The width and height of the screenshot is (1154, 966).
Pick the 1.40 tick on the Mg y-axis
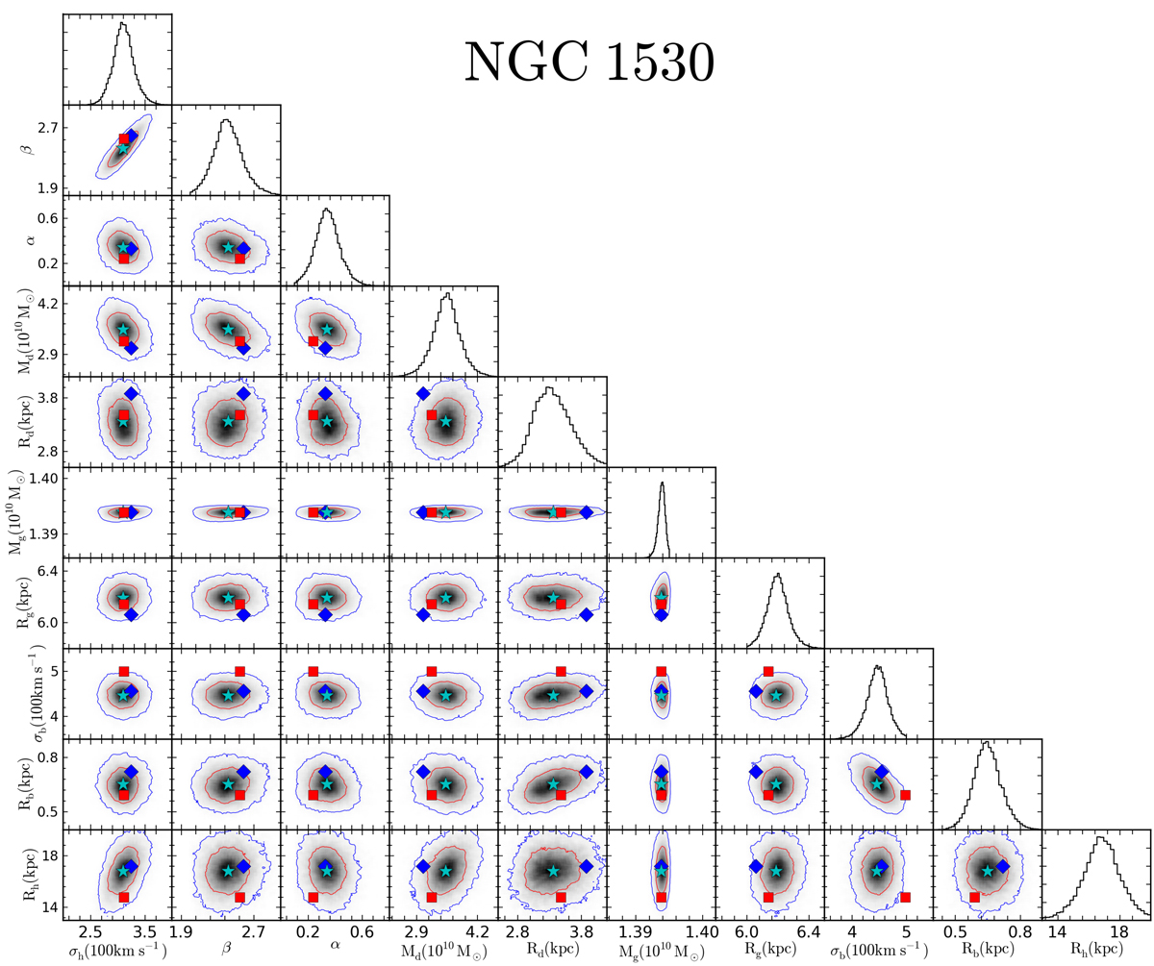click(43, 478)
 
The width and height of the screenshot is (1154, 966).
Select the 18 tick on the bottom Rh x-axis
click(1118, 931)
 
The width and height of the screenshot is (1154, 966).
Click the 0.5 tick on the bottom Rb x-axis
click(954, 931)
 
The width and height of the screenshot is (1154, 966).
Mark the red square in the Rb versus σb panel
click(905, 795)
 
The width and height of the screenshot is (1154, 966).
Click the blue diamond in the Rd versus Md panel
click(422, 394)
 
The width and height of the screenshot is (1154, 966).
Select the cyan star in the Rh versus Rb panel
click(987, 871)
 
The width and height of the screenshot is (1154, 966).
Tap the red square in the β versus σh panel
click(123, 139)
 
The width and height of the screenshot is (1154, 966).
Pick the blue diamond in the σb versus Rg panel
click(755, 691)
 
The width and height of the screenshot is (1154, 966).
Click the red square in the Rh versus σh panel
click(123, 897)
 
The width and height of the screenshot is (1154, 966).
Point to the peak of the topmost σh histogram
click(122, 23)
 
